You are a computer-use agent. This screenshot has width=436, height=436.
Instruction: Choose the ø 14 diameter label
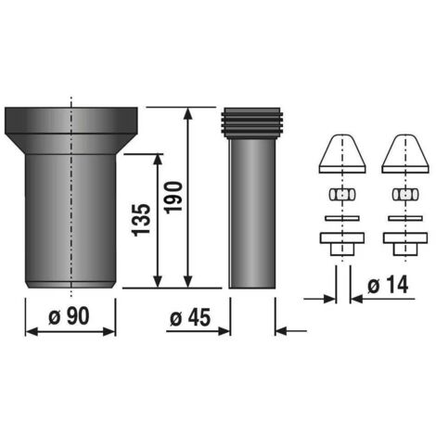[388, 286]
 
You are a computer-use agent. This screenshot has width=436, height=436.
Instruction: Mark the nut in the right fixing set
[404, 195]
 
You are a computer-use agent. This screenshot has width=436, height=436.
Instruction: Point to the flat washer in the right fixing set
[404, 219]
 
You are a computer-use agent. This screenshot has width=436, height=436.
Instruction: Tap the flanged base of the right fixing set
[404, 240]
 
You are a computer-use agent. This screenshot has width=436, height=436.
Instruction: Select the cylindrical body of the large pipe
[71, 218]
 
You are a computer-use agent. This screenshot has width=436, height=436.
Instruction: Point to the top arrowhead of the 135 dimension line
[158, 159]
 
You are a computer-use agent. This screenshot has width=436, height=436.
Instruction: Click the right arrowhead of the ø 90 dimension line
[110, 329]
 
